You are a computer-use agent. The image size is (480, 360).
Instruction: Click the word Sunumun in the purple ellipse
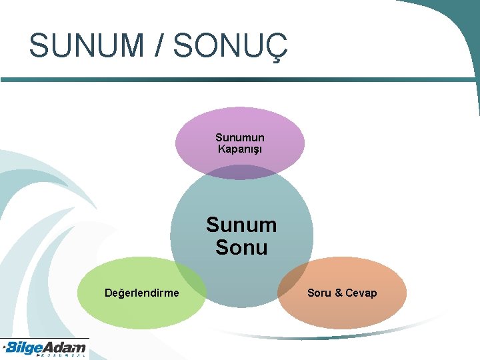(240, 137)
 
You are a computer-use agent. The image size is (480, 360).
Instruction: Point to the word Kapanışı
(240, 149)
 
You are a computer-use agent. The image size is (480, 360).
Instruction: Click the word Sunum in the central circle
(241, 225)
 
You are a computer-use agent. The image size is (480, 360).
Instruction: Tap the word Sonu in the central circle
(241, 248)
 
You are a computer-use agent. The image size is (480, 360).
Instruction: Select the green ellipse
(133, 303)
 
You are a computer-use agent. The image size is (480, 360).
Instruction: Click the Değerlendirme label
(142, 293)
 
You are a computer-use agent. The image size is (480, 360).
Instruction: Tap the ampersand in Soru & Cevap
(339, 293)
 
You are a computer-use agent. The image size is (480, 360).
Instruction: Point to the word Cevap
(361, 293)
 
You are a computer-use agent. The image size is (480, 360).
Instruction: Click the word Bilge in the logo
(26, 347)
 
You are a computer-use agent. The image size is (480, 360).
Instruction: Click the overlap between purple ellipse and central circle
(240, 172)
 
